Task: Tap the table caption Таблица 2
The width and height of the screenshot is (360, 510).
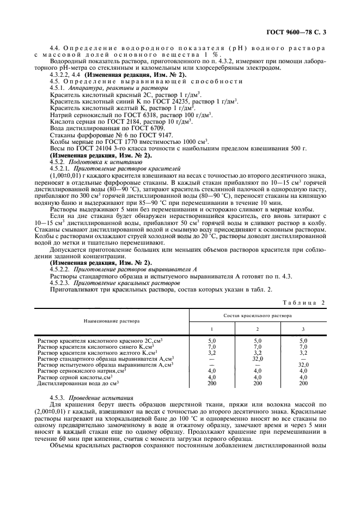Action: pos(304,302)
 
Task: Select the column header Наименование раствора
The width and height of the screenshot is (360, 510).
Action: pos(112,322)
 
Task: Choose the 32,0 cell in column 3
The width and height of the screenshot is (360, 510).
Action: pos(303,365)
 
